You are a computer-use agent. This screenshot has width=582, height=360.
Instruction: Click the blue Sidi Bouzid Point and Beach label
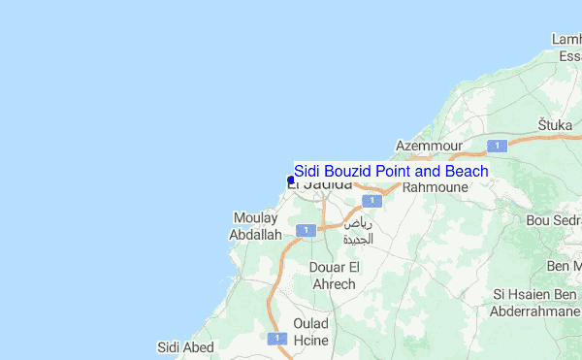click(x=391, y=172)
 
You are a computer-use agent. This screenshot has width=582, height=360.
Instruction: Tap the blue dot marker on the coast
click(x=291, y=180)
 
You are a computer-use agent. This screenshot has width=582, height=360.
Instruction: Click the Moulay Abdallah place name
click(x=255, y=226)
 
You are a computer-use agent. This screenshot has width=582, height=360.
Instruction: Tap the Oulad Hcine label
click(x=311, y=331)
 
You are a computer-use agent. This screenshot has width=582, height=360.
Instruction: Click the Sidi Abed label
click(x=185, y=346)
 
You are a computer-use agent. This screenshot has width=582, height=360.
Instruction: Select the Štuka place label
click(x=556, y=125)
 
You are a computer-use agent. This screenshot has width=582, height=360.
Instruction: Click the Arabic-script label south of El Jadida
click(x=357, y=231)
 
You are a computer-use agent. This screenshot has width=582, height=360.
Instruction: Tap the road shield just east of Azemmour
click(x=498, y=146)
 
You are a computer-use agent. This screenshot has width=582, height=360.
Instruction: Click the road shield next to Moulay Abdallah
click(x=306, y=230)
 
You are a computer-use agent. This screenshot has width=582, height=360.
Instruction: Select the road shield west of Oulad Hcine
click(x=276, y=338)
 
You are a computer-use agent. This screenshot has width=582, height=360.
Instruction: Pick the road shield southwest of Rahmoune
click(x=369, y=200)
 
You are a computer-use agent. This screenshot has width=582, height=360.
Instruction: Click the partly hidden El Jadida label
click(x=320, y=184)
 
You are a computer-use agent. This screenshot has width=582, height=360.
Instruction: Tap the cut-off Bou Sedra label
click(x=553, y=220)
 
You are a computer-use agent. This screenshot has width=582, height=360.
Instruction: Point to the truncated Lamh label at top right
click(x=566, y=39)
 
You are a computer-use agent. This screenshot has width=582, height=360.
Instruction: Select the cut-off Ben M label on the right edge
click(x=564, y=265)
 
